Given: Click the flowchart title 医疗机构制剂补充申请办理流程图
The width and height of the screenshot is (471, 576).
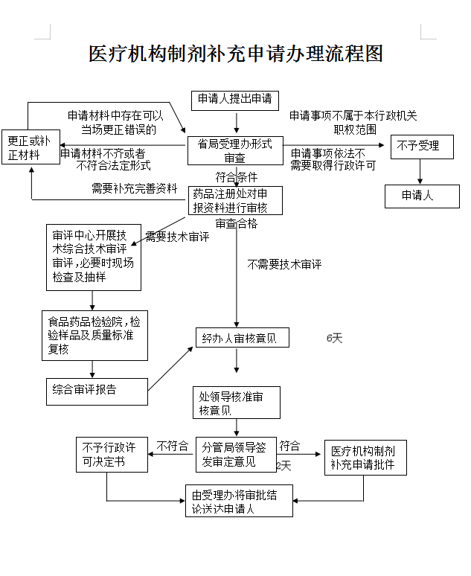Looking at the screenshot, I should [x=235, y=54].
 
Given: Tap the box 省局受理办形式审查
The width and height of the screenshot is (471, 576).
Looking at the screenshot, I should [x=235, y=150].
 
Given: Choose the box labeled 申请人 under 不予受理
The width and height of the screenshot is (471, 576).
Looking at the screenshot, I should [x=417, y=196].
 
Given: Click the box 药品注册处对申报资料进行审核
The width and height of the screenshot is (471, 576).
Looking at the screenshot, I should [x=235, y=200].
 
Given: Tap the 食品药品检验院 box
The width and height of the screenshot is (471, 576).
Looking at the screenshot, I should [x=94, y=335].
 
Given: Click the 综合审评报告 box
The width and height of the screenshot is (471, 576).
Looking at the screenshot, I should [x=97, y=390].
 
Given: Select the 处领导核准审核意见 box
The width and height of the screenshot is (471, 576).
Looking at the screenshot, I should [x=237, y=403].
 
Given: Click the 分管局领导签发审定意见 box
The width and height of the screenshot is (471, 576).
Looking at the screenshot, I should [x=234, y=455].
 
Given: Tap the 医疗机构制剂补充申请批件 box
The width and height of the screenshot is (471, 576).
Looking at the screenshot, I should [x=364, y=458].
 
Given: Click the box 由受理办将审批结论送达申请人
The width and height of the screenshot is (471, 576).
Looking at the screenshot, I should [x=239, y=501].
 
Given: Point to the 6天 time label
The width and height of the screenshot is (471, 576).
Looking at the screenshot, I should [x=334, y=339].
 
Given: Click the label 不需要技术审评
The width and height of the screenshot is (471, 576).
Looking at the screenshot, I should [x=284, y=264].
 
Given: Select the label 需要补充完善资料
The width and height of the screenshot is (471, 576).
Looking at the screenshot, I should [x=135, y=188].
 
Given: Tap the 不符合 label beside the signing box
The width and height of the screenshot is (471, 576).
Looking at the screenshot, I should [x=173, y=447].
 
